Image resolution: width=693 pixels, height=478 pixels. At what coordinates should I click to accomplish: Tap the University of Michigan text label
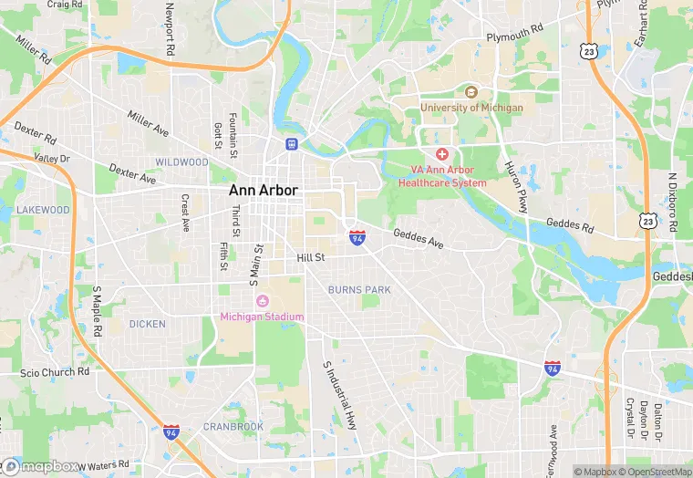click(x=471, y=108)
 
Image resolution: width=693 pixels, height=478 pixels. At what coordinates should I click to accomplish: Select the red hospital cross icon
click(x=442, y=155)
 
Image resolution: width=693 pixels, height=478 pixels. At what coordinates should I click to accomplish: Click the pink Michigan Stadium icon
click(x=263, y=302)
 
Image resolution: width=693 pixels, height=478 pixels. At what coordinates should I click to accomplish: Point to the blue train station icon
click(x=291, y=143)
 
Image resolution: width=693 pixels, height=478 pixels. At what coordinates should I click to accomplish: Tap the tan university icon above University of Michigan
click(x=471, y=92)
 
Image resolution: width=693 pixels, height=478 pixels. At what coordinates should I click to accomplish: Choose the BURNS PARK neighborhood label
click(x=359, y=290)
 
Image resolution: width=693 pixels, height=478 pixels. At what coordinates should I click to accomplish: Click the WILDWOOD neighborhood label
click(x=181, y=162)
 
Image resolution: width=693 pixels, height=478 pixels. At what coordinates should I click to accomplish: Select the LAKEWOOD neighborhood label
click(x=43, y=210)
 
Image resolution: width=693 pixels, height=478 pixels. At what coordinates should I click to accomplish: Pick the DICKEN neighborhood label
click(x=148, y=324)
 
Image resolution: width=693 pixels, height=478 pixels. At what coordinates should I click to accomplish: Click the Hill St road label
click(x=310, y=258)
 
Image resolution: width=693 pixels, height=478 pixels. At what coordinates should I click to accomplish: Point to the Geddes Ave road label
click(x=419, y=239)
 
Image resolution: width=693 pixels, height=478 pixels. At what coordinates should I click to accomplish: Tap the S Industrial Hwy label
click(x=339, y=394)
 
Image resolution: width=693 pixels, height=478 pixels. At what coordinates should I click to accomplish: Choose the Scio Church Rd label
click(x=56, y=372)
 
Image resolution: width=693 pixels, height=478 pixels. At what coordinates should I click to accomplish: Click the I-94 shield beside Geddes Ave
click(x=357, y=237)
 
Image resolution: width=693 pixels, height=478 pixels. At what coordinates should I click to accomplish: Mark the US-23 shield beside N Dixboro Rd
click(x=646, y=221)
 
